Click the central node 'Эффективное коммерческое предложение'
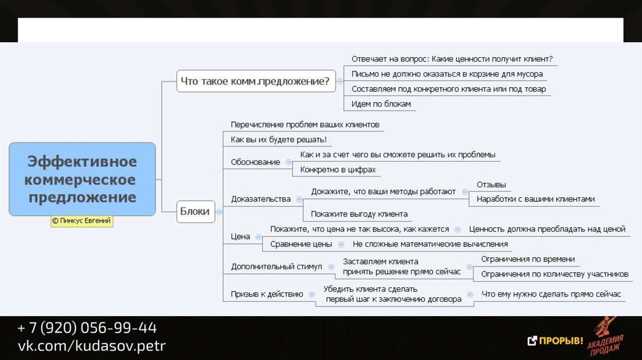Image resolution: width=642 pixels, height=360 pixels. [82, 179]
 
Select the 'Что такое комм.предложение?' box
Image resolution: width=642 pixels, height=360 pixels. [255, 81]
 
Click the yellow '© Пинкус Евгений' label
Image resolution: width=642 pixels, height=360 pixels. [82, 221]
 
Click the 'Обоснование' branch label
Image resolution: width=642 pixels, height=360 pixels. [255, 162]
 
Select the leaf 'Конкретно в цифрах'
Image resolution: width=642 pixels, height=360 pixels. [338, 169]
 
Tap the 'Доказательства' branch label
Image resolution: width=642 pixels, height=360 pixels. [261, 199]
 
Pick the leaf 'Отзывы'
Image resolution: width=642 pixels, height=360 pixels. [491, 185]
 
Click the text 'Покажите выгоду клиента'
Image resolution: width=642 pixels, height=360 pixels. [359, 214]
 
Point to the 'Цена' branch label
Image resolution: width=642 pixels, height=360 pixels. [240, 236]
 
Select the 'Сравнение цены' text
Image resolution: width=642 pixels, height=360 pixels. [301, 244]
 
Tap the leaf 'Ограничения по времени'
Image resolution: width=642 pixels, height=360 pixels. [527, 259]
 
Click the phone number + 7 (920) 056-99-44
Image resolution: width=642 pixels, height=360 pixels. [87, 328]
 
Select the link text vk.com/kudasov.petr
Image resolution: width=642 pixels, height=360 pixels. [92, 346]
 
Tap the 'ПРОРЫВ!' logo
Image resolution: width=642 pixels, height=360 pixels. [555, 341]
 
